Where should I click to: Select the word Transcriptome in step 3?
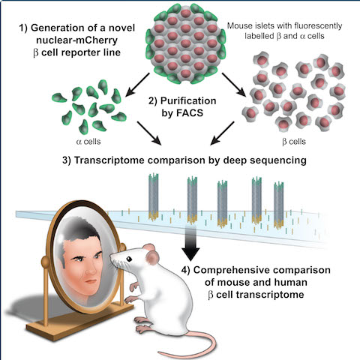109,160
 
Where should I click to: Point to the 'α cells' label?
88,142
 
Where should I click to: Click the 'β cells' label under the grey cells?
294,142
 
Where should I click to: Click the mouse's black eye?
129,259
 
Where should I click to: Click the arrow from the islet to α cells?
137,85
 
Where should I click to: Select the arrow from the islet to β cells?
234,85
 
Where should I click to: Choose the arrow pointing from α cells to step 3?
149,133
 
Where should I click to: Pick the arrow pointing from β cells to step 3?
222,133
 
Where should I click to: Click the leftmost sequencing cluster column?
154,197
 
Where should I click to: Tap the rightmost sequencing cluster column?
279,205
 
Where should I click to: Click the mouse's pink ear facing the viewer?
152,258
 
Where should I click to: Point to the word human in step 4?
291,283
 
